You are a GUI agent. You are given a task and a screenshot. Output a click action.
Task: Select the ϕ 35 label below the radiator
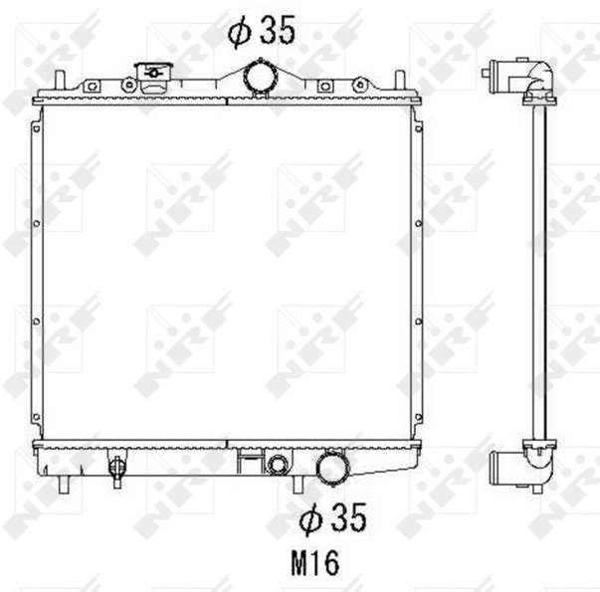coord(332,517)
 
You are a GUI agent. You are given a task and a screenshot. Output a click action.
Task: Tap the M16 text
coord(314,563)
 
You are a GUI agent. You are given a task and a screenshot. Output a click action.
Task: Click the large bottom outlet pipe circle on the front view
coord(332,469)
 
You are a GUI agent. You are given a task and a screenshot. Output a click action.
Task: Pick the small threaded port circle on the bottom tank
coord(277,465)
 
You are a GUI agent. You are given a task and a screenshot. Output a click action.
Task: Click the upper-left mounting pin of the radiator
coord(59,80)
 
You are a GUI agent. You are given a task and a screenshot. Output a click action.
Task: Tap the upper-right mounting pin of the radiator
coord(400,80)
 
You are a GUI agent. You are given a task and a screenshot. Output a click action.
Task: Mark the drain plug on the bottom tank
coord(116,468)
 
